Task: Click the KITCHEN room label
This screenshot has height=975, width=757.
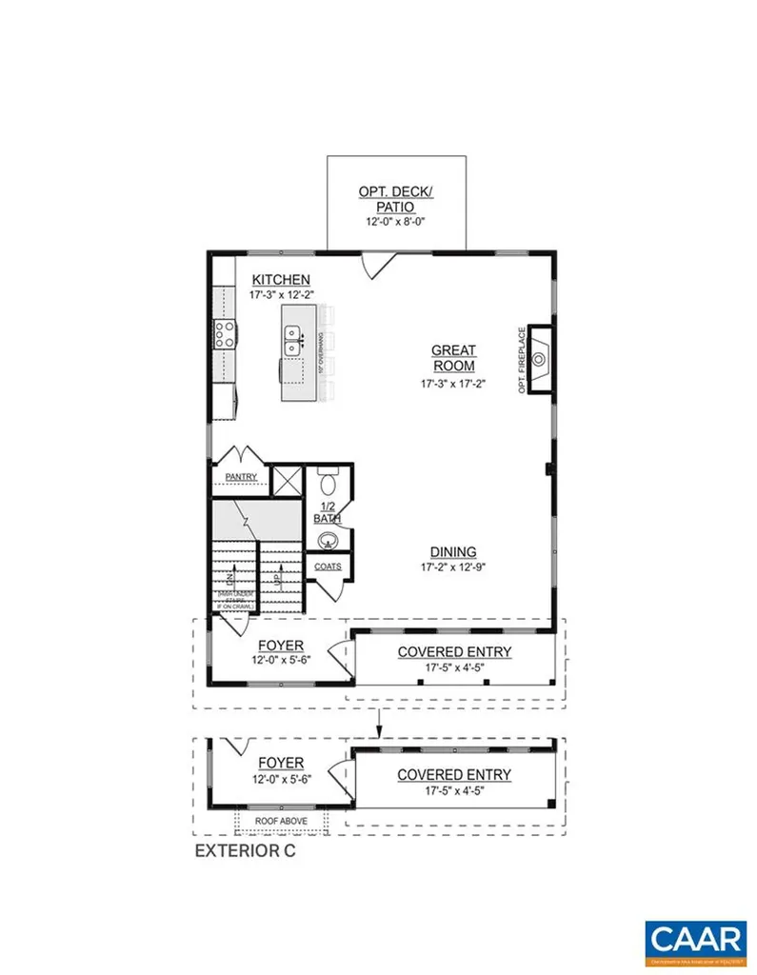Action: click(x=280, y=279)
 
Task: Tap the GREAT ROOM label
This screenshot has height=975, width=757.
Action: click(x=453, y=358)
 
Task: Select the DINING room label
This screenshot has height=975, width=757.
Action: click(x=453, y=552)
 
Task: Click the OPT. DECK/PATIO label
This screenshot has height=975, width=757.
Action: click(x=396, y=198)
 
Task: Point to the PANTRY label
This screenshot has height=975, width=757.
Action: click(x=242, y=476)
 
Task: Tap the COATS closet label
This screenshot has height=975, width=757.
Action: click(x=328, y=566)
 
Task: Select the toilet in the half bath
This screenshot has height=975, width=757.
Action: click(x=327, y=478)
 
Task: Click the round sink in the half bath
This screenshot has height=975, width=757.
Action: click(x=327, y=541)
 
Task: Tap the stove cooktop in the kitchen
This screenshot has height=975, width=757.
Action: click(x=225, y=333)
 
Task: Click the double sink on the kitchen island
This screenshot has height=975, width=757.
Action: click(x=293, y=334)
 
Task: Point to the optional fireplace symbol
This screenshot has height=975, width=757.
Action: click(x=541, y=359)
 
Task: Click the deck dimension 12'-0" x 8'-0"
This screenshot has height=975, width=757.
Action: click(x=396, y=222)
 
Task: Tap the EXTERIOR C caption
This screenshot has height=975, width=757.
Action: click(x=246, y=850)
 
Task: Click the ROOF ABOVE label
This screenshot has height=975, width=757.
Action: click(x=281, y=820)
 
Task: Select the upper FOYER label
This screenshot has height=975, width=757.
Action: click(x=280, y=646)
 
